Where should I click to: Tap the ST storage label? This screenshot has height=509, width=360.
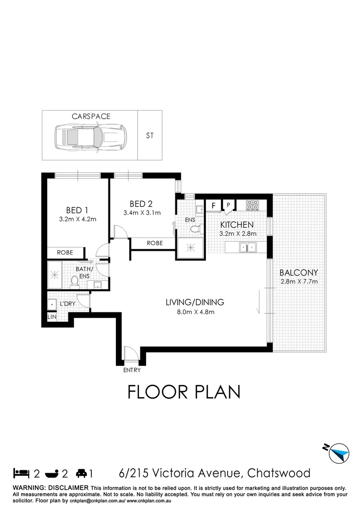tap(150, 136)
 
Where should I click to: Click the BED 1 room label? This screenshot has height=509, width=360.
tap(77, 210)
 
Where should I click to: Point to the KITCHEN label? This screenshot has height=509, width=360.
tap(237, 225)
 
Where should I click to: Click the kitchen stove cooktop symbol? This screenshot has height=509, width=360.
tap(252, 205)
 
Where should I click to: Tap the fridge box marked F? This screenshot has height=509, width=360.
tap(213, 205)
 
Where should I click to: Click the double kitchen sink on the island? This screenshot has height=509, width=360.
tap(247, 246)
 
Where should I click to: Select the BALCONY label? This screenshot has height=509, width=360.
tap(299, 272)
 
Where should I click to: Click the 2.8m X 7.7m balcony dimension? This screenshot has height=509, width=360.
tap(299, 282)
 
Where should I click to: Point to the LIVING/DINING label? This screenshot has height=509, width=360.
tap(194, 302)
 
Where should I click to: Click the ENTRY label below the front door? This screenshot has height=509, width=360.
tap(132, 370)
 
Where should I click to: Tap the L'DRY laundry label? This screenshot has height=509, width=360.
tap(68, 304)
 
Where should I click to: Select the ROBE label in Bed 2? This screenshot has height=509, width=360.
tap(154, 243)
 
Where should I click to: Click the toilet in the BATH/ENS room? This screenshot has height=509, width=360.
tap(74, 282)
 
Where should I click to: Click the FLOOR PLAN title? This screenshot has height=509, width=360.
tap(184, 392)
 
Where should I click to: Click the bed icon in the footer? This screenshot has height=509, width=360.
tap(20, 472)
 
